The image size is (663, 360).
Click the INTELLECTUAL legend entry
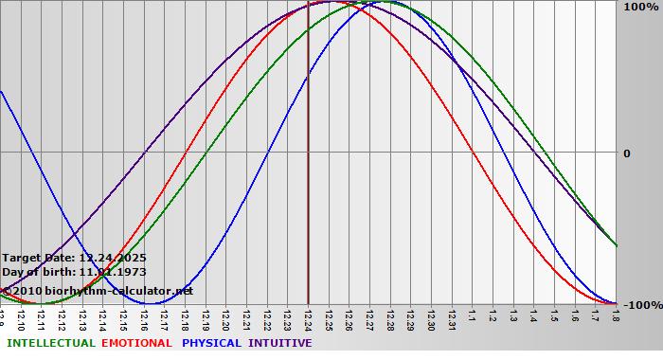pos(50,343)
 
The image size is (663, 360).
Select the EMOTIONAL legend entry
pos(136,343)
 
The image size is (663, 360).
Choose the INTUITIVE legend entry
pos(280,343)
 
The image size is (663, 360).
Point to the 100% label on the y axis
pos(639,7)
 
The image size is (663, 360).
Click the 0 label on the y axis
pos(626,153)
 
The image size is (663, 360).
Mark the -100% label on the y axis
pos(641,305)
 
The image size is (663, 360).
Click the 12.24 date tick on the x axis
pos(308,316)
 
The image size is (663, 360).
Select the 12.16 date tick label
pos(144,316)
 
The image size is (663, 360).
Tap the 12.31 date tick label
pos(452,316)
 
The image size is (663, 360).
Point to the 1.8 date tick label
pos(616,315)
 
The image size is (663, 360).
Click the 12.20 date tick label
pos(225,316)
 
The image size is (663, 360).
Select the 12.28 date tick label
pos(390,316)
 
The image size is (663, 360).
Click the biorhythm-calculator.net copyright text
pos(104,290)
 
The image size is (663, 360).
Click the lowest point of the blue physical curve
pos(154,303)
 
